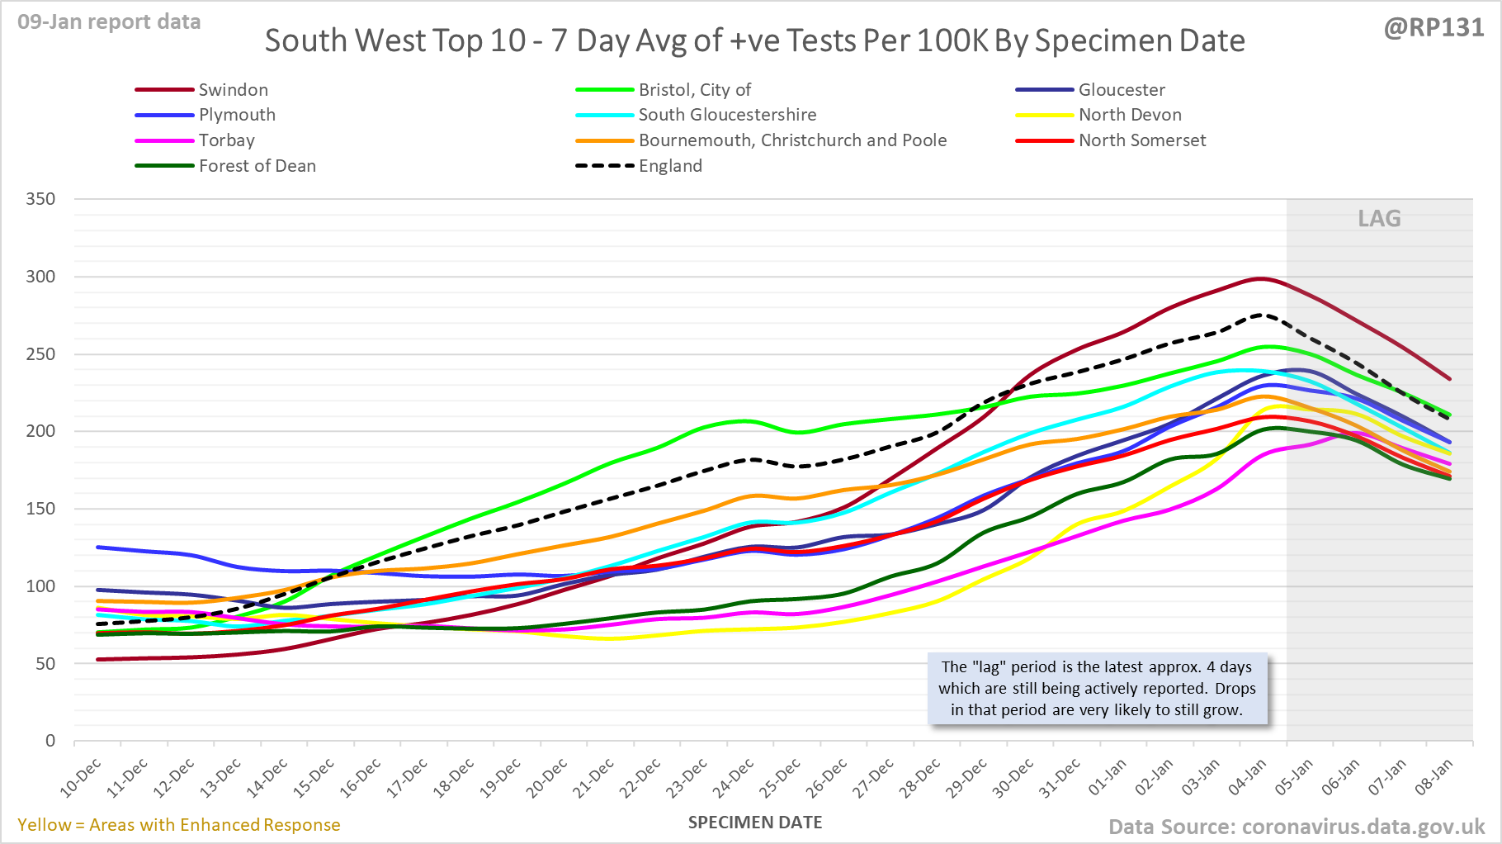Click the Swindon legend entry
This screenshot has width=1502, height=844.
(233, 90)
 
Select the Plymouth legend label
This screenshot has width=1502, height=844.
(237, 115)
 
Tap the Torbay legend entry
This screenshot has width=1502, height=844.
(226, 140)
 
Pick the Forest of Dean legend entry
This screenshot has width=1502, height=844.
(257, 166)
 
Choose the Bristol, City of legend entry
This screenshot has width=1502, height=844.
(694, 90)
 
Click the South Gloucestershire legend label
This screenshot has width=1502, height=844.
(727, 115)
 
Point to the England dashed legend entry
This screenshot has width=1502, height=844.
(670, 166)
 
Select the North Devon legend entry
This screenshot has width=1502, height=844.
(1130, 115)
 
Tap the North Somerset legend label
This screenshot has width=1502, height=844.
(1142, 140)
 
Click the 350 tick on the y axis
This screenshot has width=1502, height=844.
(40, 199)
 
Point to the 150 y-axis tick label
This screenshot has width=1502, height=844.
(40, 509)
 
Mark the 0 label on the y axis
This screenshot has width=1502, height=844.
(50, 741)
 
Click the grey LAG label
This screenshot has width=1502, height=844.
(1379, 219)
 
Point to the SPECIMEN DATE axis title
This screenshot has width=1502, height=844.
(755, 823)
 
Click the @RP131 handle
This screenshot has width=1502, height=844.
(1434, 28)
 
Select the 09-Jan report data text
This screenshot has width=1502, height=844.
(109, 22)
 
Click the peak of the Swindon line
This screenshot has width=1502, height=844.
(1260, 278)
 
